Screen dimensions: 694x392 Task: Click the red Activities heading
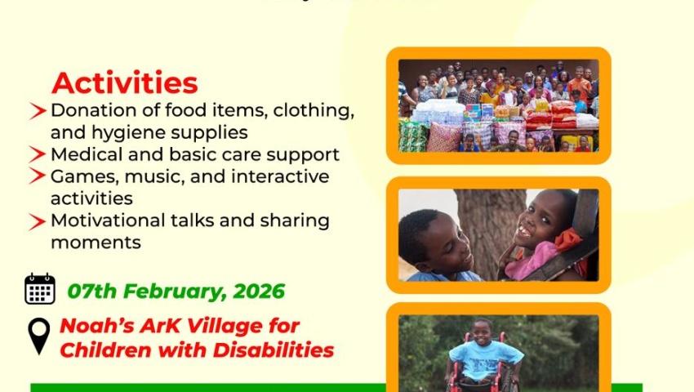(124, 82)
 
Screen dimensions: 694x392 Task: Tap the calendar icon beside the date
(40, 289)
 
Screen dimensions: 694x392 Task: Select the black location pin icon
(39, 336)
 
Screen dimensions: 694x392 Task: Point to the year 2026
(259, 292)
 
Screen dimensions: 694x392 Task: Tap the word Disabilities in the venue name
(273, 350)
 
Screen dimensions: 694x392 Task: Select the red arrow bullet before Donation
(38, 111)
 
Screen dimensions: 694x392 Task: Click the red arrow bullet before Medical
(38, 154)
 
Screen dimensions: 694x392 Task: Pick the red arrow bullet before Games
(38, 176)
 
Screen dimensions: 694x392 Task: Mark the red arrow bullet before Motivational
(38, 221)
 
